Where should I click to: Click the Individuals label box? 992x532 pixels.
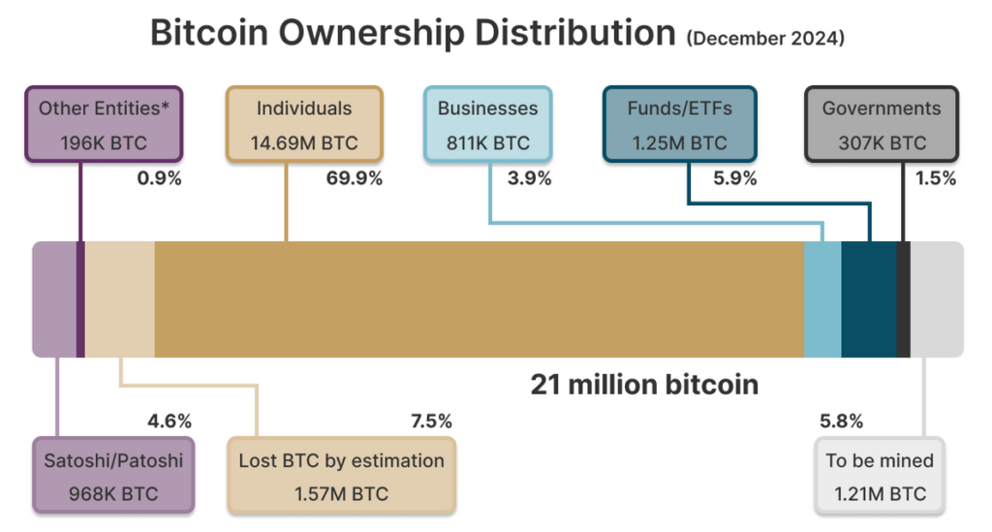[x=304, y=124]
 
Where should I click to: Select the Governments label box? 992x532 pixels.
[x=881, y=124]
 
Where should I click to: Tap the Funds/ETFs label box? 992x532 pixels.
[x=679, y=124]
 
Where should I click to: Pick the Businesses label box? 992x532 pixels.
[x=486, y=124]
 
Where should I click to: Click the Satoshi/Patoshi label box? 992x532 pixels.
[x=113, y=477]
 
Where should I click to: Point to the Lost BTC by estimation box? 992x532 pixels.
[x=341, y=477]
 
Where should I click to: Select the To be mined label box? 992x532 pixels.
[x=880, y=477]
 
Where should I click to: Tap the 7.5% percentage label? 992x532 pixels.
[x=431, y=421]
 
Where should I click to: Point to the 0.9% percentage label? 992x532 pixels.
[x=158, y=178]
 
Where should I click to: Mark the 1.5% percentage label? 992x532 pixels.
[x=936, y=178]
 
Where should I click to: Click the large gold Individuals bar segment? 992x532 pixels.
[x=479, y=299]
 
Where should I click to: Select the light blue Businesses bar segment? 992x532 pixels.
[x=822, y=299]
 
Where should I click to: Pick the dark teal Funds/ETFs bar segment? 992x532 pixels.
[x=869, y=299]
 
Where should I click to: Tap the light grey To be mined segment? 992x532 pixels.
[x=937, y=299]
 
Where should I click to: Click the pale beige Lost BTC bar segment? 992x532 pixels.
[x=120, y=299]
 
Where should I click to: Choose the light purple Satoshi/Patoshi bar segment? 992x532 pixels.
[x=54, y=299]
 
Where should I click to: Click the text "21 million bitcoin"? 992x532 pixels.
[x=644, y=385]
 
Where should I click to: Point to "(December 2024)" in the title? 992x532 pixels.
[x=765, y=39]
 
